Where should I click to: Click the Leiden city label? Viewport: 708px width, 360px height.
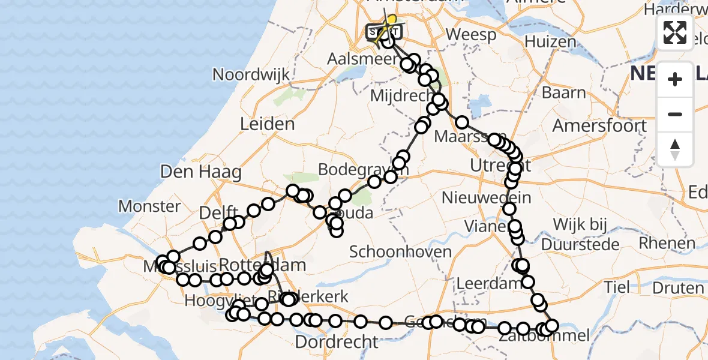pos(267,124)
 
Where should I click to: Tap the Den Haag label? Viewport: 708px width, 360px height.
pos(201,172)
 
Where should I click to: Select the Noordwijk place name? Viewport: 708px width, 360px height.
pos(251,75)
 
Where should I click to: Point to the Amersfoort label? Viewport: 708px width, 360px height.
pos(599,126)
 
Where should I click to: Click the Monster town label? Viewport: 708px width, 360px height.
pos(149,206)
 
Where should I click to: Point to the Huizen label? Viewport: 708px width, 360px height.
pos(550,42)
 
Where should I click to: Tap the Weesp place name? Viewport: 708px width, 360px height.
pos(471,35)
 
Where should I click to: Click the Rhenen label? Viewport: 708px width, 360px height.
pos(667,243)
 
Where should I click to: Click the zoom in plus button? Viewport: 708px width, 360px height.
pos(675,79)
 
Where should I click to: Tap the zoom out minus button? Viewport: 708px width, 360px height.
pos(675,114)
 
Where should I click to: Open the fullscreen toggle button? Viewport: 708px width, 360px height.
pos(675,32)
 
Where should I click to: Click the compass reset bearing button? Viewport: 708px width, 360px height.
pos(675,149)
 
